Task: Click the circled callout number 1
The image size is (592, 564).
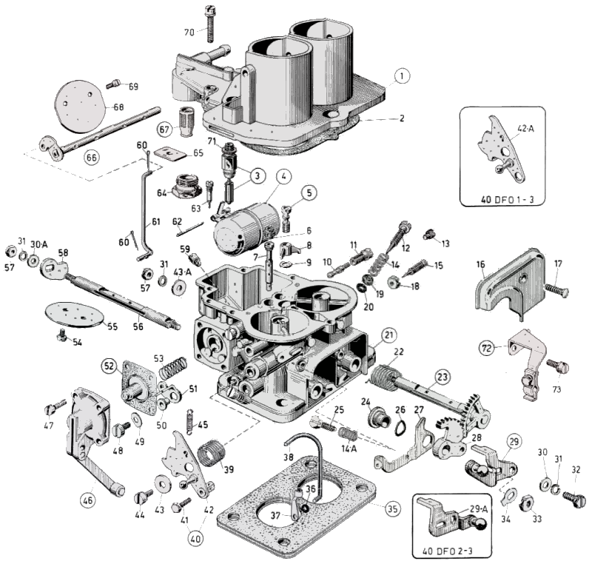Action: click(x=400, y=76)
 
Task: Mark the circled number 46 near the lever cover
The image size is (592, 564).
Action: click(x=88, y=500)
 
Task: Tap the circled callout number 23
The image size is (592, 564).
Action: click(x=442, y=377)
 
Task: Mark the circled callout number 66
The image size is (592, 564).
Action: click(x=91, y=157)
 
